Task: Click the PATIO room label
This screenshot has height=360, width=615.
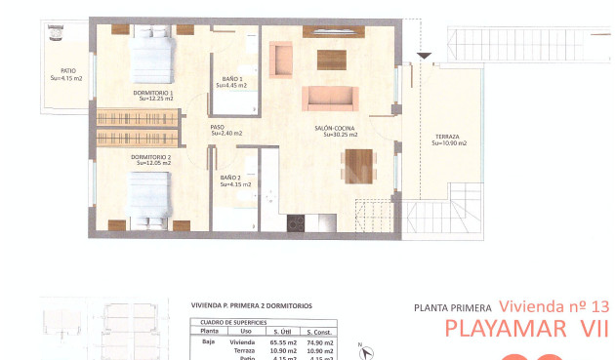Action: tap(67, 71)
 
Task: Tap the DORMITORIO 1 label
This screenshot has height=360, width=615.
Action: tap(154, 93)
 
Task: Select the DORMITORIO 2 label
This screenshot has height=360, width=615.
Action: tap(151, 157)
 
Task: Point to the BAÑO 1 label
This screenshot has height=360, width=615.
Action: tap(232, 79)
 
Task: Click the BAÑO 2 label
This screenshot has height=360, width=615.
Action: tap(231, 178)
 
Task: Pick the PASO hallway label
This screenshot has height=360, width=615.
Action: tap(218, 127)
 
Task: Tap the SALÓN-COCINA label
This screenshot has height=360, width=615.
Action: tap(335, 129)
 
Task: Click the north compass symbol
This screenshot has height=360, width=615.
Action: tap(360, 347)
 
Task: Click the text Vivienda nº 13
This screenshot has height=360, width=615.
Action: tap(553, 305)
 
